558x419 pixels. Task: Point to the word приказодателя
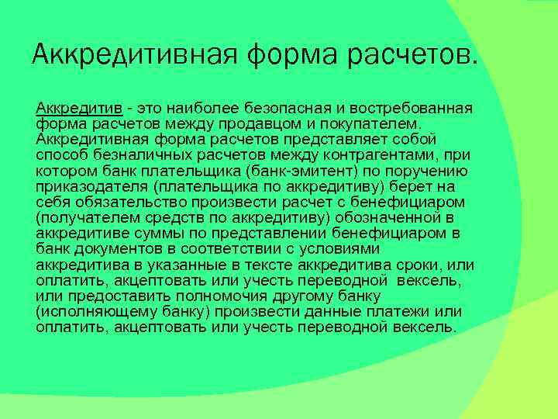(84, 187)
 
